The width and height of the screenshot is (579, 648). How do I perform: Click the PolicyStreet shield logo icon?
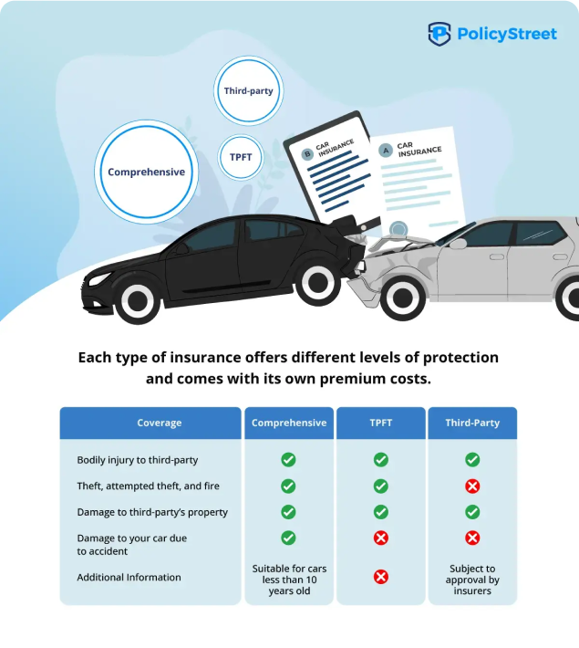pos(439,34)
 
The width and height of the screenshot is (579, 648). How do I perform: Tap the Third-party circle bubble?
pos(249,91)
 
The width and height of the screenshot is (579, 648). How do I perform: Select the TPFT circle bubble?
pos(241,157)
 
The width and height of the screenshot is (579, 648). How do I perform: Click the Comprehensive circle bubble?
pos(146,172)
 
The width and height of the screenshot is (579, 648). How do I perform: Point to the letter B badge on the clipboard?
pos(307,154)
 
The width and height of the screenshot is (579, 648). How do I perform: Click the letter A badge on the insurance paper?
pos(386,151)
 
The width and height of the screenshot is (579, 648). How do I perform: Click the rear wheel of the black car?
pos(317,284)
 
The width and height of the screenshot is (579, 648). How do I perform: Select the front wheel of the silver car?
pos(403,298)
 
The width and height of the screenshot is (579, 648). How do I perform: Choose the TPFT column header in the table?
pos(381,423)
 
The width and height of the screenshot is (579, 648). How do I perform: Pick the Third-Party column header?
pos(472,423)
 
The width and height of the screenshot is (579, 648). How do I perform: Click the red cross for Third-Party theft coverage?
pos(472,486)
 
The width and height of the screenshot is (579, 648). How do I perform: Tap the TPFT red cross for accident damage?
pos(381,538)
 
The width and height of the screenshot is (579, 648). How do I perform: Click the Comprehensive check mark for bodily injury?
pos(288,460)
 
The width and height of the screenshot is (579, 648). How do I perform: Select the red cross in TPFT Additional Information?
pos(381,577)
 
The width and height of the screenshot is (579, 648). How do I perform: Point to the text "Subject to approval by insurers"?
pos(472,580)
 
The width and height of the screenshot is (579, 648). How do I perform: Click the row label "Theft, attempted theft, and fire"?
pos(148,486)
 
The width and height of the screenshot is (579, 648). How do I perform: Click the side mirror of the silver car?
pos(458,244)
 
